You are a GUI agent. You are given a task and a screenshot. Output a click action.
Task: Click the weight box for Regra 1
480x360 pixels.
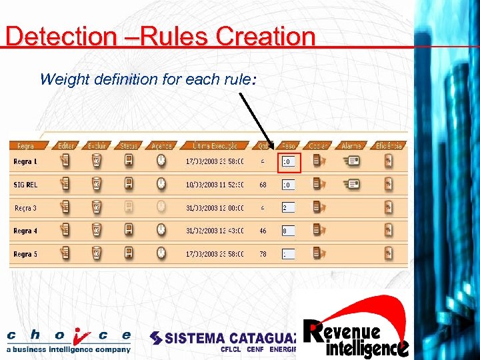tap(289, 161)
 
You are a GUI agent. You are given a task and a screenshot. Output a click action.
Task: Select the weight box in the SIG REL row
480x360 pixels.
tap(289, 185)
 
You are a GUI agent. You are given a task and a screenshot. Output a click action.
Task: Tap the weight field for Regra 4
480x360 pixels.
tap(288, 231)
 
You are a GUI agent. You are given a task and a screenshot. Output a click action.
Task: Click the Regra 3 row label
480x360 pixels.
tap(25, 208)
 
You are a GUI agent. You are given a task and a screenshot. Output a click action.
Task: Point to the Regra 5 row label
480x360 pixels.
tap(25, 254)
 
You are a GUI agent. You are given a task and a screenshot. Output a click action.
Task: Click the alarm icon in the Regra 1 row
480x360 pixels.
tap(351, 161)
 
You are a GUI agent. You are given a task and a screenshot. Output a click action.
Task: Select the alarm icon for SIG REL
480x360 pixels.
tap(351, 184)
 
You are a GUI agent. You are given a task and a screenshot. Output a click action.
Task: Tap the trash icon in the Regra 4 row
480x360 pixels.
tap(97, 230)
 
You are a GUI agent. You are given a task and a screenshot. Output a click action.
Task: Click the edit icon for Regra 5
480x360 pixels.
tap(65, 253)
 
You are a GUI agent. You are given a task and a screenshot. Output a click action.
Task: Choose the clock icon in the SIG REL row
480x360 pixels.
tap(161, 184)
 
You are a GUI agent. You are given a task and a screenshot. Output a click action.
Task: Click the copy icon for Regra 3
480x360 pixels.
tap(318, 207)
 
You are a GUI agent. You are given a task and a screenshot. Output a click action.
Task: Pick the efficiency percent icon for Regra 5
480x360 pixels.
tap(387, 253)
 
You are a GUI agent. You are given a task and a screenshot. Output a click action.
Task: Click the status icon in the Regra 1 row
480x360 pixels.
tap(129, 161)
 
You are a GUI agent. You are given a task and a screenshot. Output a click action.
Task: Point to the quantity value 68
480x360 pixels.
tap(263, 185)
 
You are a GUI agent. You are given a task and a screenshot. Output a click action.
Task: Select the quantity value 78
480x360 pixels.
tap(263, 254)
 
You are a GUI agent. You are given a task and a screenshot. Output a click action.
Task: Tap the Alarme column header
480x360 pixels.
tap(351, 145)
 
